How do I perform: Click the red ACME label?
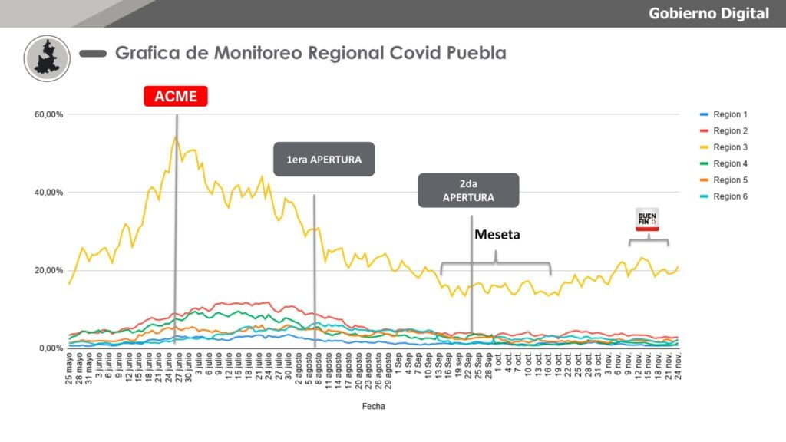(x=176, y=96)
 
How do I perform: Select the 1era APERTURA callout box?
(x=324, y=160)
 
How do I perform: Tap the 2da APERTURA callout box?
(x=468, y=190)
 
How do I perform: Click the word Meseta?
(x=497, y=235)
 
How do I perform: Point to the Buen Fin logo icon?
(x=648, y=219)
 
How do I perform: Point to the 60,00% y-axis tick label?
(x=48, y=114)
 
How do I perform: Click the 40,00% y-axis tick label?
(x=48, y=193)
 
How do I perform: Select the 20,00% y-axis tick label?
(x=48, y=271)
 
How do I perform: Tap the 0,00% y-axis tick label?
(x=50, y=348)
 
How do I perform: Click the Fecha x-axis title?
(x=374, y=407)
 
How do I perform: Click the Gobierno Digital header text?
(x=708, y=13)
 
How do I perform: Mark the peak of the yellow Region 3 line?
(x=176, y=137)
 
